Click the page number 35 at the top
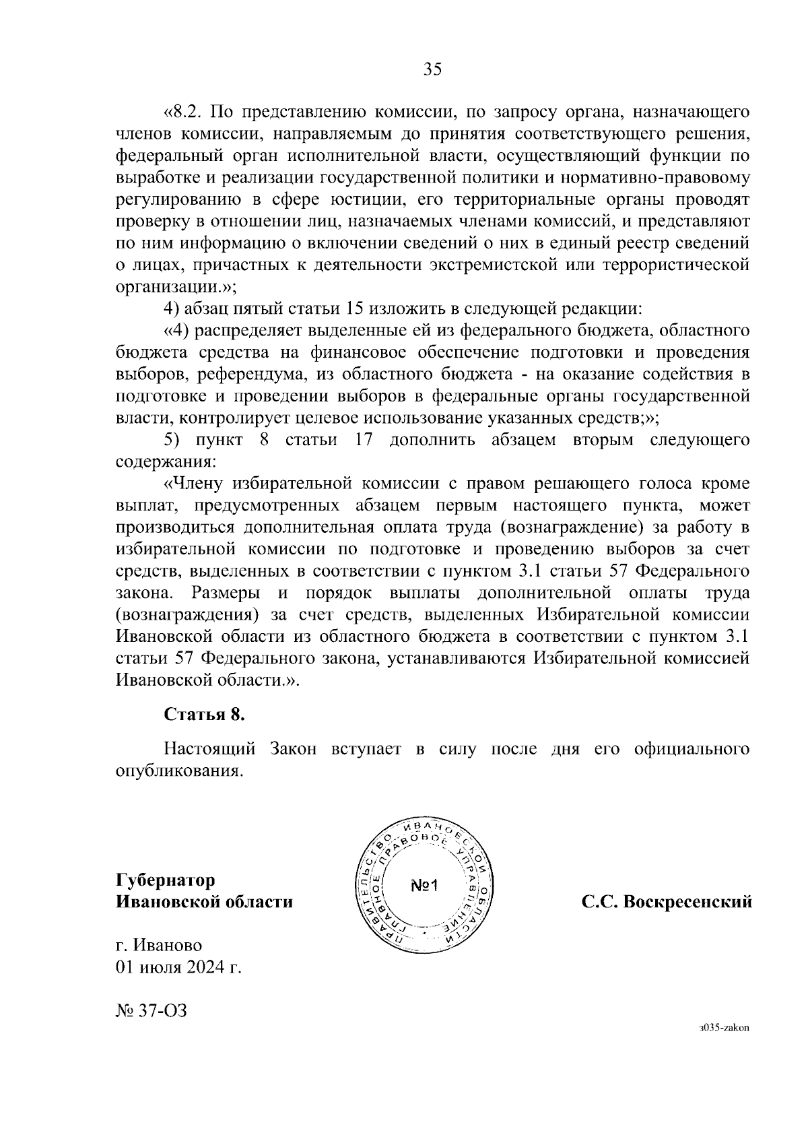(432, 69)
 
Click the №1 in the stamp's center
(424, 885)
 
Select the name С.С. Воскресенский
(667, 901)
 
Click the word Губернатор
(166, 880)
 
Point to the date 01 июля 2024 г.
(178, 968)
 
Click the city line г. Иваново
(159, 946)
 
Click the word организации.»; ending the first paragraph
(176, 287)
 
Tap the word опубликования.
(178, 771)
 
